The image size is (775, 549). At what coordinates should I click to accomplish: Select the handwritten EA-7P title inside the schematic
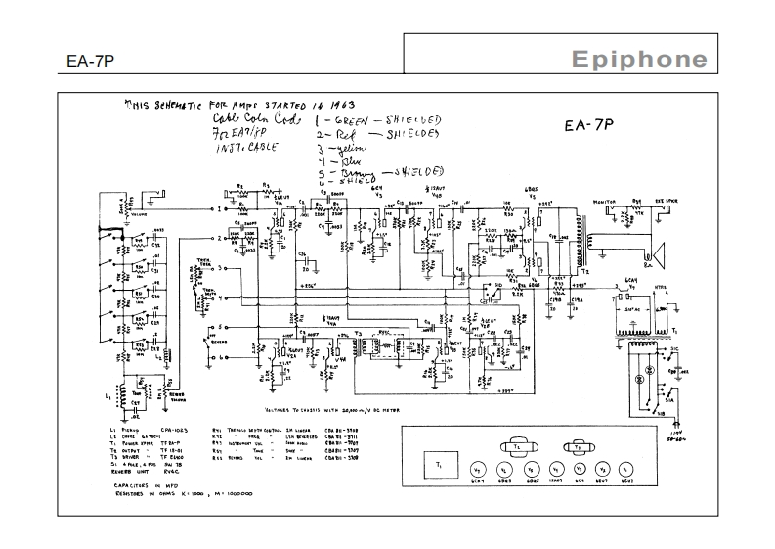coord(588,125)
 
